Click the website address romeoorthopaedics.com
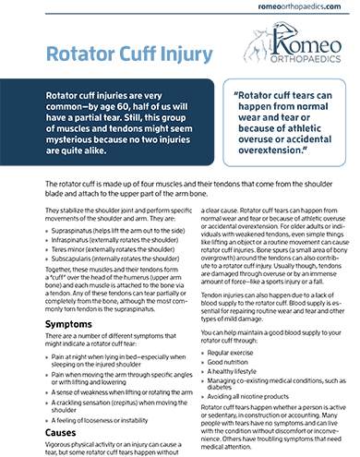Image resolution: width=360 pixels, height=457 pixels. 294,9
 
